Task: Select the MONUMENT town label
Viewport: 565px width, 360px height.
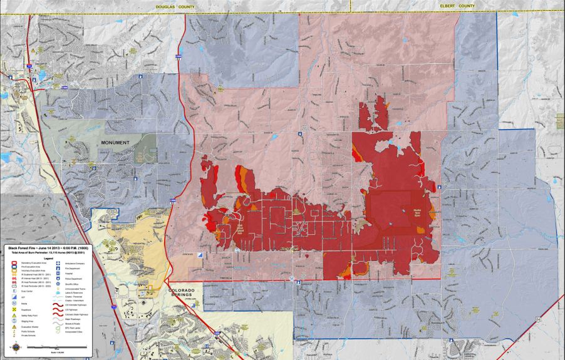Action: (x=115, y=143)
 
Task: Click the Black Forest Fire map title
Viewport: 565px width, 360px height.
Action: (x=48, y=249)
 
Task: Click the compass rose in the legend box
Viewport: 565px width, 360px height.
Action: (x=16, y=347)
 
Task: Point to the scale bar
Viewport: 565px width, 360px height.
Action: (x=57, y=347)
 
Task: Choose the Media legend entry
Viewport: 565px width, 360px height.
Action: (x=23, y=303)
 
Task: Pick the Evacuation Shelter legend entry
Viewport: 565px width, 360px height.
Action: (x=28, y=327)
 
